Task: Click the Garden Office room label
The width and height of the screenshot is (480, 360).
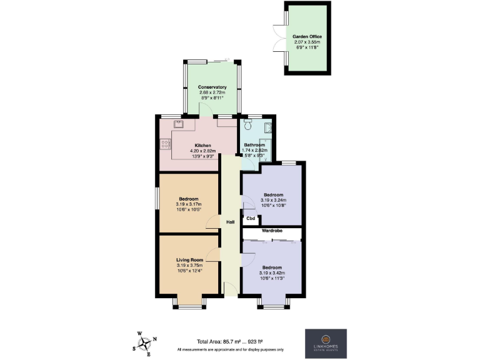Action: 307,37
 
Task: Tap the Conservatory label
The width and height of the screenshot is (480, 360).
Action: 211,87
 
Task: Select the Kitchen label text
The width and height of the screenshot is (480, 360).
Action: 193,145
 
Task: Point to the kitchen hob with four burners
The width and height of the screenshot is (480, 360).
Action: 166,144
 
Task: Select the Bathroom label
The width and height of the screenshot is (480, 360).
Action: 255,145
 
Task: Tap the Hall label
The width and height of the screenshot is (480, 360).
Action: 230,222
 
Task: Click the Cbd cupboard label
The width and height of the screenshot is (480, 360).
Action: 251,219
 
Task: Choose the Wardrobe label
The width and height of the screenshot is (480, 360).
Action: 272,231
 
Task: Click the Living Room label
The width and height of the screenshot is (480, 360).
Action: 189,259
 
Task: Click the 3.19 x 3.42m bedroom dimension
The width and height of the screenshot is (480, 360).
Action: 272,273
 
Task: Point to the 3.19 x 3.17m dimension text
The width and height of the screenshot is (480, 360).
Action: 189,204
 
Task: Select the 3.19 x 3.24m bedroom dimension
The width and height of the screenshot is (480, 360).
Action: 273,200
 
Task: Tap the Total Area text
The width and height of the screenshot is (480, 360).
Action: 229,341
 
